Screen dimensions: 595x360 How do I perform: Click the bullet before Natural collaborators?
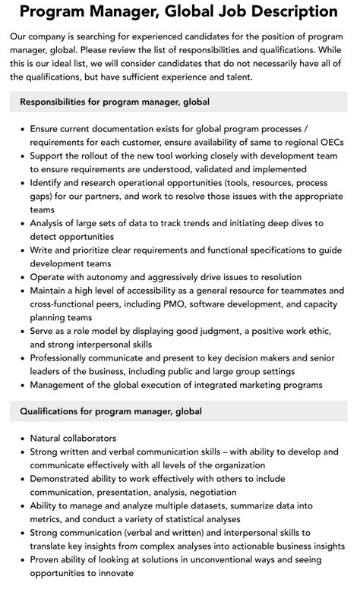(21, 439)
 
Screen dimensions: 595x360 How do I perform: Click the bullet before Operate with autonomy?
(21, 277)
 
